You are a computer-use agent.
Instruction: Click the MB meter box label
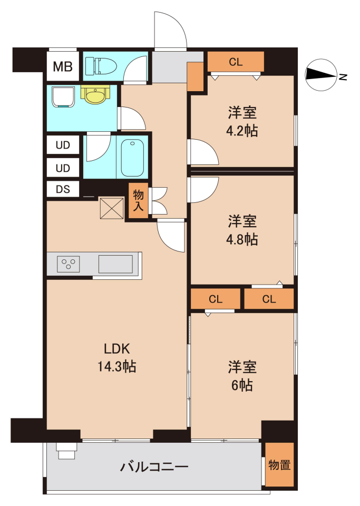[63, 67]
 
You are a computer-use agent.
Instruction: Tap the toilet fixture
[101, 66]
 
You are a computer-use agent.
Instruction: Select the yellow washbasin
[95, 94]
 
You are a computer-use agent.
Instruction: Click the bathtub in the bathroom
[132, 158]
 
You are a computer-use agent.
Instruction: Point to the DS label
[63, 189]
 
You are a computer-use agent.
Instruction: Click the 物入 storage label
[139, 200]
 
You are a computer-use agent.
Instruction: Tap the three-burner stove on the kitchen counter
[69, 264]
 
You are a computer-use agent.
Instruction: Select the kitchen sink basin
[115, 264]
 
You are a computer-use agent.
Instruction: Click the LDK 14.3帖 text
[117, 357]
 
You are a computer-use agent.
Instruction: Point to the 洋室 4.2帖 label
[242, 122]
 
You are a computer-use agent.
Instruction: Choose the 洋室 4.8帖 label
[242, 230]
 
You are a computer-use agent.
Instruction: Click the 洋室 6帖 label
[242, 376]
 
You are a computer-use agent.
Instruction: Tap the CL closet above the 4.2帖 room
[236, 62]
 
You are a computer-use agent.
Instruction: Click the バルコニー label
[154, 466]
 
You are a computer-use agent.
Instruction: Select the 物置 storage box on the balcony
[280, 465]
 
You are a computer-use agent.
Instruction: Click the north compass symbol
[322, 75]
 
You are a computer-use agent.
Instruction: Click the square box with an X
[112, 208]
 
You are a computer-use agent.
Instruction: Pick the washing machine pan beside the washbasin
[63, 96]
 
